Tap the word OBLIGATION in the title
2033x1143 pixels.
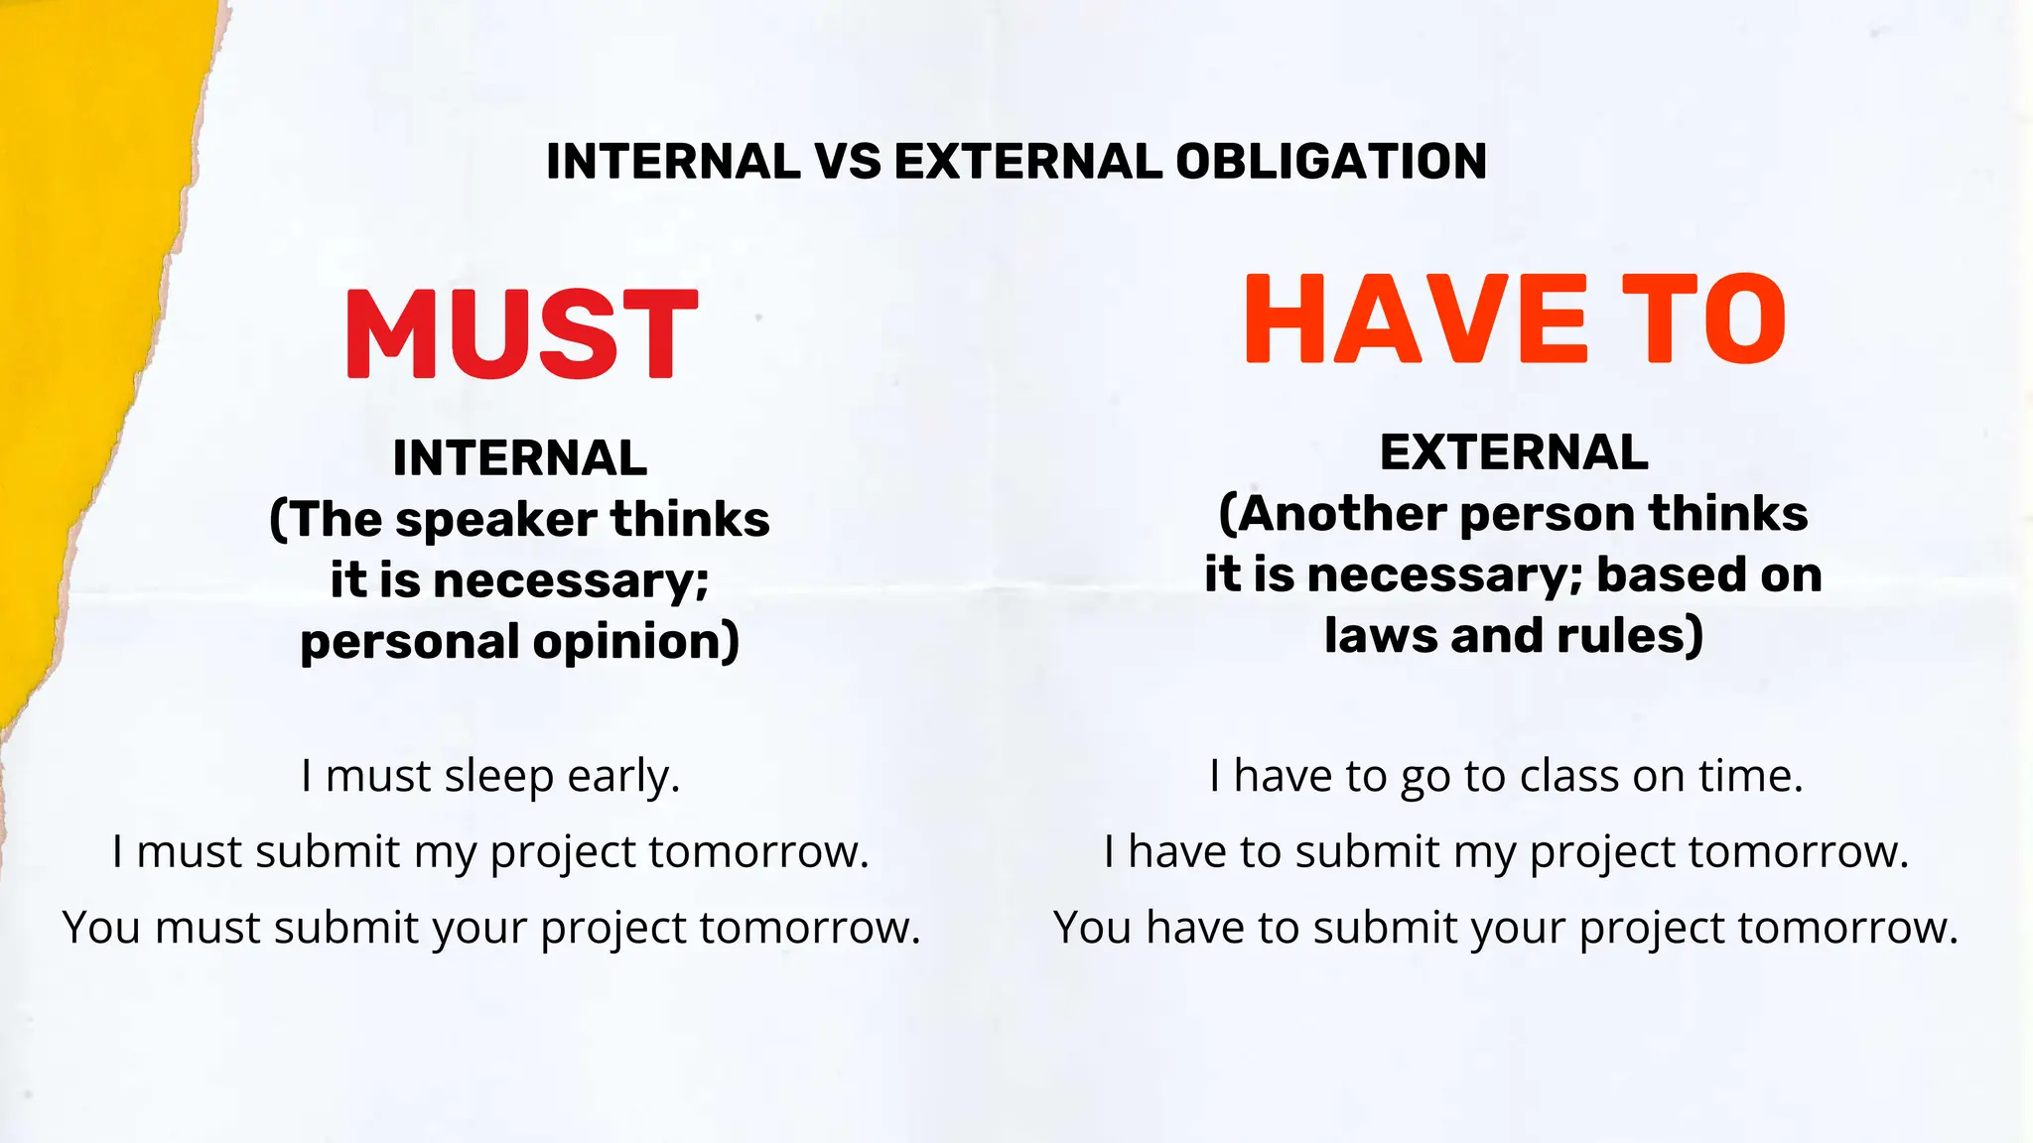coord(1331,162)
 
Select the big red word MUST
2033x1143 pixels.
coord(521,333)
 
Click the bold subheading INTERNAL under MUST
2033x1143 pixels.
coord(520,458)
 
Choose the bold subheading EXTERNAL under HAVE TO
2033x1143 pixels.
coord(1514,452)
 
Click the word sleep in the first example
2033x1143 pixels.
coord(498,777)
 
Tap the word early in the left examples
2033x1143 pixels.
coord(622,776)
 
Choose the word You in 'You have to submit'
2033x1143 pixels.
coord(1092,928)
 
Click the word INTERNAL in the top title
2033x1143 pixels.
coord(673,162)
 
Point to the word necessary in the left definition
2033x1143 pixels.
coord(571,580)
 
